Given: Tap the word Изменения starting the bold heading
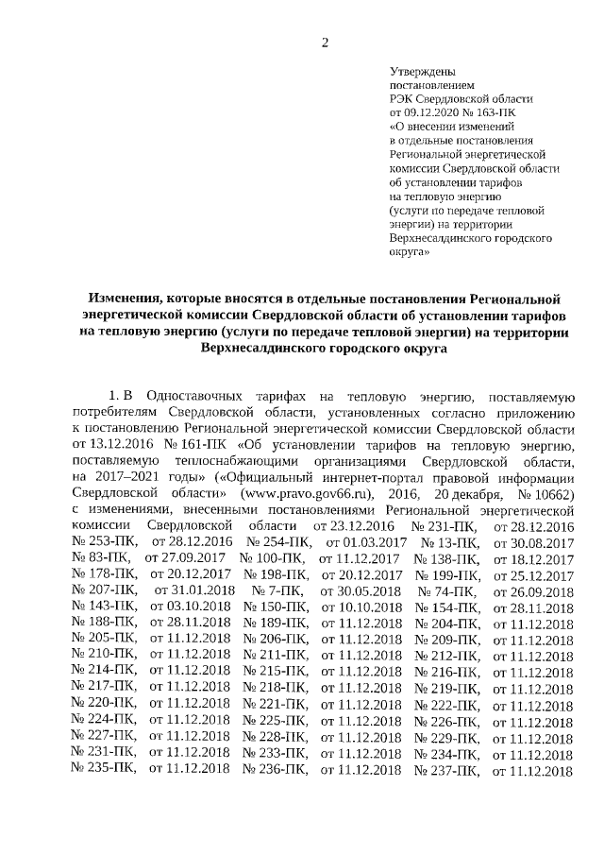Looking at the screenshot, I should pos(120,298).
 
